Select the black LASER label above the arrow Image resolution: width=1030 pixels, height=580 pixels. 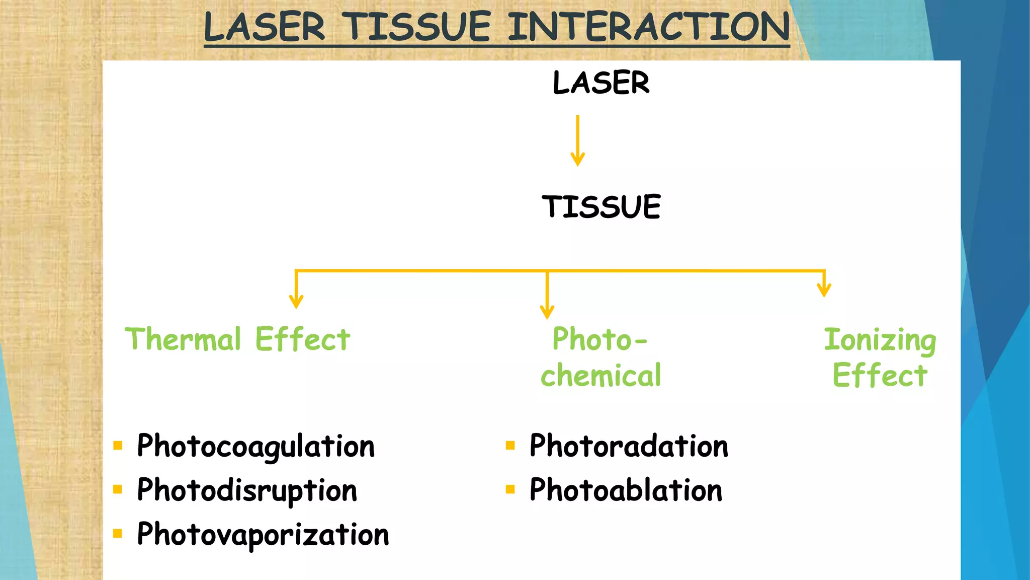click(601, 83)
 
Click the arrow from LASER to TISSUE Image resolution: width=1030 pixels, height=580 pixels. click(577, 141)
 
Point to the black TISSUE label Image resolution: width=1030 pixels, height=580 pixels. click(601, 207)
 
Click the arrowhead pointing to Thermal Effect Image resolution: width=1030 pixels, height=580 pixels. click(296, 301)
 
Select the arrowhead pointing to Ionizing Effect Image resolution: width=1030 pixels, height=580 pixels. click(824, 289)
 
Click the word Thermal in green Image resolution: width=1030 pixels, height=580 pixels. click(183, 339)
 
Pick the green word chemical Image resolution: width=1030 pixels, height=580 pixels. click(601, 376)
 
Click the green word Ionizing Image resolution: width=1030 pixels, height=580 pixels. click(880, 340)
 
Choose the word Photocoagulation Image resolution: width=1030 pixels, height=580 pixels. click(255, 447)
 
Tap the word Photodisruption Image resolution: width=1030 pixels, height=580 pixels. click(247, 490)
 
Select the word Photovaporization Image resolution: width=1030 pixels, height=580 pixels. click(263, 535)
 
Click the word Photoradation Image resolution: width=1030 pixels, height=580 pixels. click(629, 446)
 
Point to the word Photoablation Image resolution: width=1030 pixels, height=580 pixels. click(626, 490)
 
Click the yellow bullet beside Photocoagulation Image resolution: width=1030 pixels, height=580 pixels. click(118, 445)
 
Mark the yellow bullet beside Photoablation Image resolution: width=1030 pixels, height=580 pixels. click(510, 489)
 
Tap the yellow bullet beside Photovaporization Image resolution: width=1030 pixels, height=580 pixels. click(118, 533)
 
